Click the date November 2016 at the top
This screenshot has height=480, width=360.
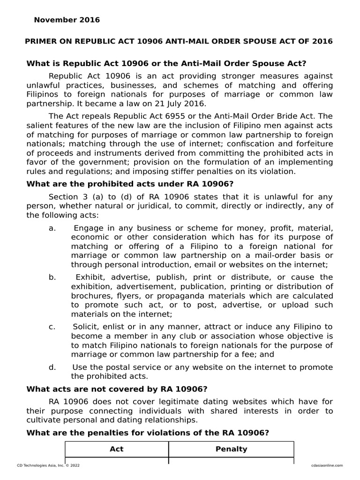coord(67,20)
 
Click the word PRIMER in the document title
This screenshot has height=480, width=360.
coord(39,41)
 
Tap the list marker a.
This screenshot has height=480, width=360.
coord(52,228)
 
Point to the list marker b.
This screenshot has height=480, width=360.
coord(52,277)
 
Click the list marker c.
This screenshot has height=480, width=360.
coord(52,327)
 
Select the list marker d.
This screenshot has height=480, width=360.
coord(52,367)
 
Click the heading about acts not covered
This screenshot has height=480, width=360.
coord(117,389)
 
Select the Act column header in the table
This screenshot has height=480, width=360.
coord(116,449)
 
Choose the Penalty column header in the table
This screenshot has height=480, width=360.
coord(231,449)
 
